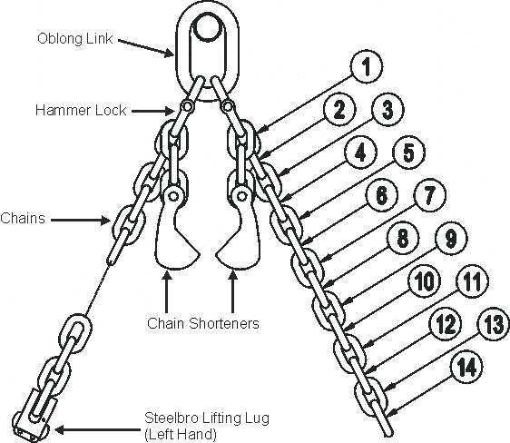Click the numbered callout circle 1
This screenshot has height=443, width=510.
pyautogui.click(x=367, y=66)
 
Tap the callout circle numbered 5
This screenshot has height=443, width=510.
pyautogui.click(x=409, y=152)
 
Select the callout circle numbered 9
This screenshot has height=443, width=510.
pyautogui.click(x=451, y=238)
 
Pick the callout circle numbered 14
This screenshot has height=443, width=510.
pyautogui.click(x=466, y=366)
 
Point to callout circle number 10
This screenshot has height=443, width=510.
pyautogui.click(x=425, y=281)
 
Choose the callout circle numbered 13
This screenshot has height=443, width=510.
pyautogui.click(x=493, y=324)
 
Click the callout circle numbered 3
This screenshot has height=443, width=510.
pyautogui.click(x=387, y=109)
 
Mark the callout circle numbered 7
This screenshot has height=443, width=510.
pyautogui.click(x=430, y=195)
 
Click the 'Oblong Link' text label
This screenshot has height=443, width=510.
pyautogui.click(x=75, y=39)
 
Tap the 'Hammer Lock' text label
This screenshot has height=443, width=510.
pyautogui.click(x=81, y=110)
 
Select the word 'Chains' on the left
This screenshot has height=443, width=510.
pyautogui.click(x=23, y=218)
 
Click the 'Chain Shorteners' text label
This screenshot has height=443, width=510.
pyautogui.click(x=203, y=323)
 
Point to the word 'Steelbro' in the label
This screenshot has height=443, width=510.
pyautogui.click(x=171, y=418)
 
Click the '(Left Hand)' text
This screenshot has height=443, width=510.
pyautogui.click(x=181, y=434)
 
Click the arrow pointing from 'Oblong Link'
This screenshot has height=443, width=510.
pyautogui.click(x=146, y=48)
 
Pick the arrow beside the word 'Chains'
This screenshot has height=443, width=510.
pyautogui.click(x=81, y=221)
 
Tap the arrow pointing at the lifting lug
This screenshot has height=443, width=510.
pyautogui.click(x=98, y=430)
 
